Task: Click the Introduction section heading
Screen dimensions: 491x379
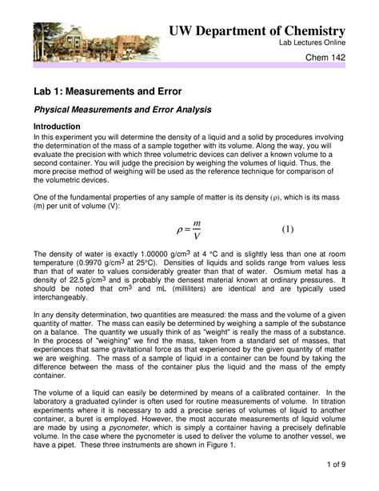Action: [x=56, y=127]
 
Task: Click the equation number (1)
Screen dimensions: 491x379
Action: [x=287, y=229]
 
